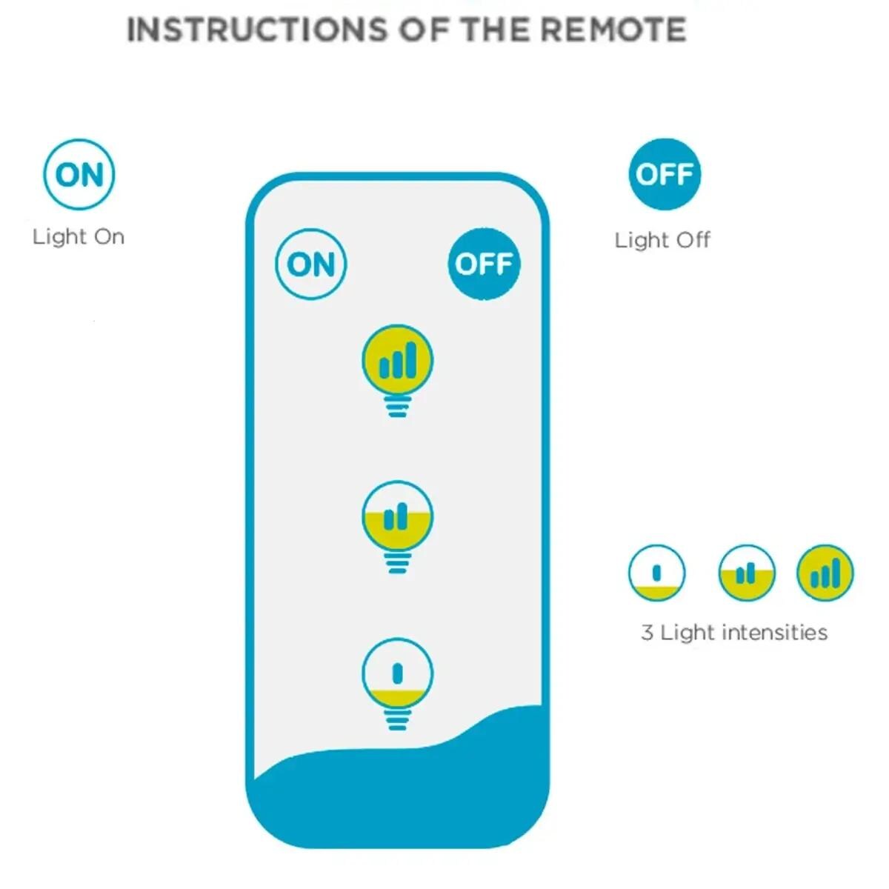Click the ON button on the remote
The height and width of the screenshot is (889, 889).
pyautogui.click(x=311, y=264)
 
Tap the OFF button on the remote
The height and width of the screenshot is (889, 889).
pyautogui.click(x=484, y=264)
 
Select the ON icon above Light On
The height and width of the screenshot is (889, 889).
pyautogui.click(x=79, y=174)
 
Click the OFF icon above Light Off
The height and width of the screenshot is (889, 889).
pyautogui.click(x=665, y=174)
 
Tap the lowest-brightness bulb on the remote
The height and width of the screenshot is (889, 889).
pyautogui.click(x=398, y=674)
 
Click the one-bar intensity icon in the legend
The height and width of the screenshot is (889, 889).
pyautogui.click(x=656, y=573)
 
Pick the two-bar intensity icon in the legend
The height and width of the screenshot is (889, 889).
pyautogui.click(x=747, y=573)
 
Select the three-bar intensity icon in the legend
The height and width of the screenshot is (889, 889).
pyautogui.click(x=825, y=573)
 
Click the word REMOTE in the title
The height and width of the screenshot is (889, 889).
pyautogui.click(x=613, y=30)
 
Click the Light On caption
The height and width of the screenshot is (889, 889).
pyautogui.click(x=79, y=237)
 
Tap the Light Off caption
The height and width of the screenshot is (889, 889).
pyautogui.click(x=662, y=240)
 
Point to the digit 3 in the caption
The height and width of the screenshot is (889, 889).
pyautogui.click(x=647, y=633)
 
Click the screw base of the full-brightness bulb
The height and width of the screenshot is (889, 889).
pyautogui.click(x=397, y=406)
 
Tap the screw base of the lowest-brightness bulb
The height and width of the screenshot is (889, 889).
pyautogui.click(x=398, y=719)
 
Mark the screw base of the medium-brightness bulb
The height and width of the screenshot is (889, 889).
pyautogui.click(x=397, y=563)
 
